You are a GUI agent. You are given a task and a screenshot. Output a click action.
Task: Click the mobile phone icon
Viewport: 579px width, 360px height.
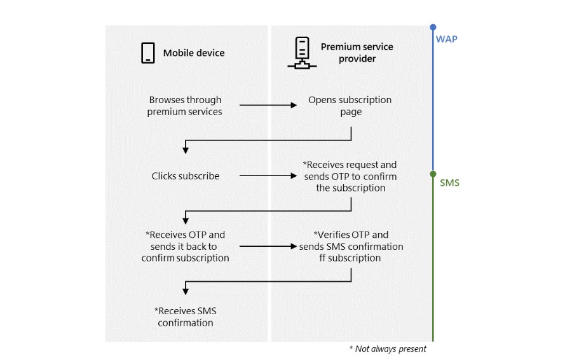point(148,53)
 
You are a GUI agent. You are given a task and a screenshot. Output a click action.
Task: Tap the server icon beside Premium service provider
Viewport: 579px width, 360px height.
point(302,53)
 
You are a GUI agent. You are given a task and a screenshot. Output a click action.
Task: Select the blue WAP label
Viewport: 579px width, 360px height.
point(446,39)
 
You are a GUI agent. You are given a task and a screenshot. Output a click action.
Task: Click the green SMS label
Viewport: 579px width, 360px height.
point(449,183)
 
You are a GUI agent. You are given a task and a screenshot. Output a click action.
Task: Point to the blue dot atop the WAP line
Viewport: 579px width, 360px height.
point(433,27)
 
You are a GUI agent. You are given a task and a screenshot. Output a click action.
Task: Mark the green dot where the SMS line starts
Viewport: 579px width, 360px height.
point(433,174)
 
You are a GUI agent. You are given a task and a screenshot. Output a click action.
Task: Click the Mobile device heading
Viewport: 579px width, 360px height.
point(193,53)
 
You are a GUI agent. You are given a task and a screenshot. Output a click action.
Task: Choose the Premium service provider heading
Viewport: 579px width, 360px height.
point(357,53)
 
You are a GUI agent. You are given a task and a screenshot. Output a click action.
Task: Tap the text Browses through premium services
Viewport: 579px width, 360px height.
point(185,106)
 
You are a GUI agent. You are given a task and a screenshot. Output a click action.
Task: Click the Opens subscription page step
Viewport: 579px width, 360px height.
point(350,106)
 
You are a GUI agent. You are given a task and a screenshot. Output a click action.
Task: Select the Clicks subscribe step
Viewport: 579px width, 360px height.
point(185,176)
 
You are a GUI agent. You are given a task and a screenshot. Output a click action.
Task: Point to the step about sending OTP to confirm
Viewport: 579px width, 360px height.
point(350,176)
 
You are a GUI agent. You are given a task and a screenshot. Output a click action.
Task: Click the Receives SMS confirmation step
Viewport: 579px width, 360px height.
point(185,317)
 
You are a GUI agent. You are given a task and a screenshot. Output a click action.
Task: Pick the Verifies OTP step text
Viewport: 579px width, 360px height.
point(351,246)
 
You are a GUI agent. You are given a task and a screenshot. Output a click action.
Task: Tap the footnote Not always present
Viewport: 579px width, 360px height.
point(388,349)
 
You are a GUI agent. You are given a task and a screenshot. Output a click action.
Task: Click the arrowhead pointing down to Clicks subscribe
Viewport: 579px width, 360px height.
point(186,150)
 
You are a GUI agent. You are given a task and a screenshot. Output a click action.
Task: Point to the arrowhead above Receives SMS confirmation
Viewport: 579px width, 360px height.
point(186,291)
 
